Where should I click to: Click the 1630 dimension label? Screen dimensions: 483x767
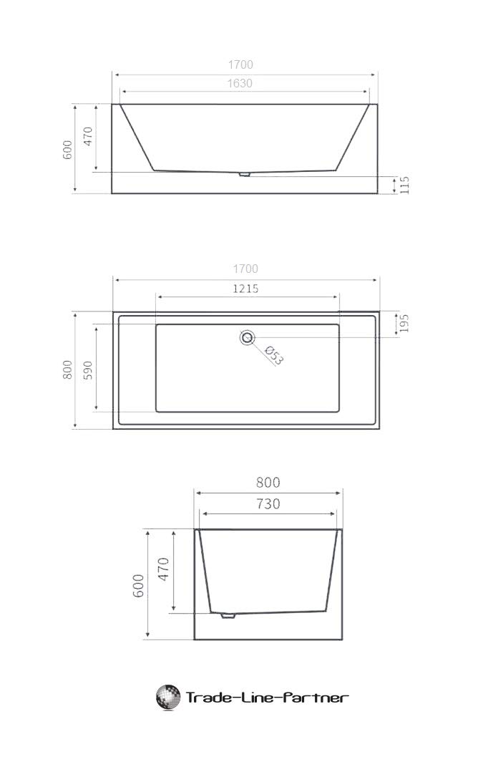pyautogui.click(x=240, y=83)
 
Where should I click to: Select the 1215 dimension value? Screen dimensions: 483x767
pyautogui.click(x=245, y=289)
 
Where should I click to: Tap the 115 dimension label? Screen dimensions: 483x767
pyautogui.click(x=404, y=185)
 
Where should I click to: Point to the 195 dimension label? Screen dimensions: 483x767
pyautogui.click(x=404, y=323)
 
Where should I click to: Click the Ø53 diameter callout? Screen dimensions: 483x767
pyautogui.click(x=274, y=355)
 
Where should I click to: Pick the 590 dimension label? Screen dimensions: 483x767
pyautogui.click(x=87, y=371)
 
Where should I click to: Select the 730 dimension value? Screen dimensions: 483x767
pyautogui.click(x=268, y=504)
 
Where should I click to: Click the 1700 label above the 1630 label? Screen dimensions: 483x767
pyautogui.click(x=240, y=64)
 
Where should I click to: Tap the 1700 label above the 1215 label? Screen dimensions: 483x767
pyautogui.click(x=245, y=269)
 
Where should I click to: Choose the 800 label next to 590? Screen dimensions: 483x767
pyautogui.click(x=67, y=370)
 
